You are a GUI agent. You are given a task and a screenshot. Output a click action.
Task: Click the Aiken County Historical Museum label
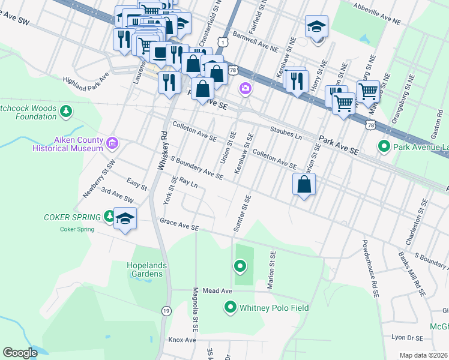[79, 143]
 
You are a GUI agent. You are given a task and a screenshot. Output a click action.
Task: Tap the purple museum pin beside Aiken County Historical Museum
[112, 143]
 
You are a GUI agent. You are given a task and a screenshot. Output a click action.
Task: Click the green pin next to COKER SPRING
[109, 215]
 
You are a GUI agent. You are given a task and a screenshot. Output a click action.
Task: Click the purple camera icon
[245, 89]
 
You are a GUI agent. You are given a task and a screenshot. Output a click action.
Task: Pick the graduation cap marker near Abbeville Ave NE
[316, 28]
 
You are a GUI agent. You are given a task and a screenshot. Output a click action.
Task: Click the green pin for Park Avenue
[383, 146]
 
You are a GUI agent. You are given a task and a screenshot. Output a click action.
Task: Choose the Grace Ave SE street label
[179, 224]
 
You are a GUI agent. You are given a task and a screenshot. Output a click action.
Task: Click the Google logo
[20, 353]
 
